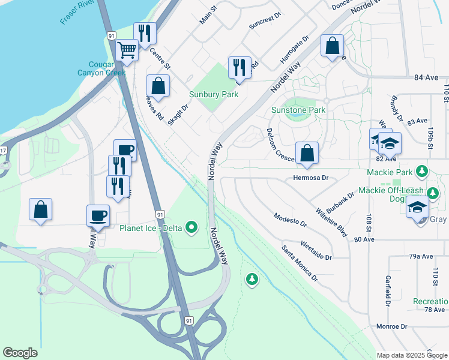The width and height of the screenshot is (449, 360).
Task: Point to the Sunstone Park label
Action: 298,110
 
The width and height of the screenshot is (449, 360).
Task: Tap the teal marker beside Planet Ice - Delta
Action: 191,227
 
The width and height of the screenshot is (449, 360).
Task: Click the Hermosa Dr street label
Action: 311,178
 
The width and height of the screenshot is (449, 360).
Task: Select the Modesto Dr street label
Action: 290,220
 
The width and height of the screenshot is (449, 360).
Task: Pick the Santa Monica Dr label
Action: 300,263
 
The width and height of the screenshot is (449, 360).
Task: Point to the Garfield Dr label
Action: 388,289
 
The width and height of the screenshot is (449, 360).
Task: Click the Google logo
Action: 20,353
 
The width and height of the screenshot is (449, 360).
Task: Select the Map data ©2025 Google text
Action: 412,355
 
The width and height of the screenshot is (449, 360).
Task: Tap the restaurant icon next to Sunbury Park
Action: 240,67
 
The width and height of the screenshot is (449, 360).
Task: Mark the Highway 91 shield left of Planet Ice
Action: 158,214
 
